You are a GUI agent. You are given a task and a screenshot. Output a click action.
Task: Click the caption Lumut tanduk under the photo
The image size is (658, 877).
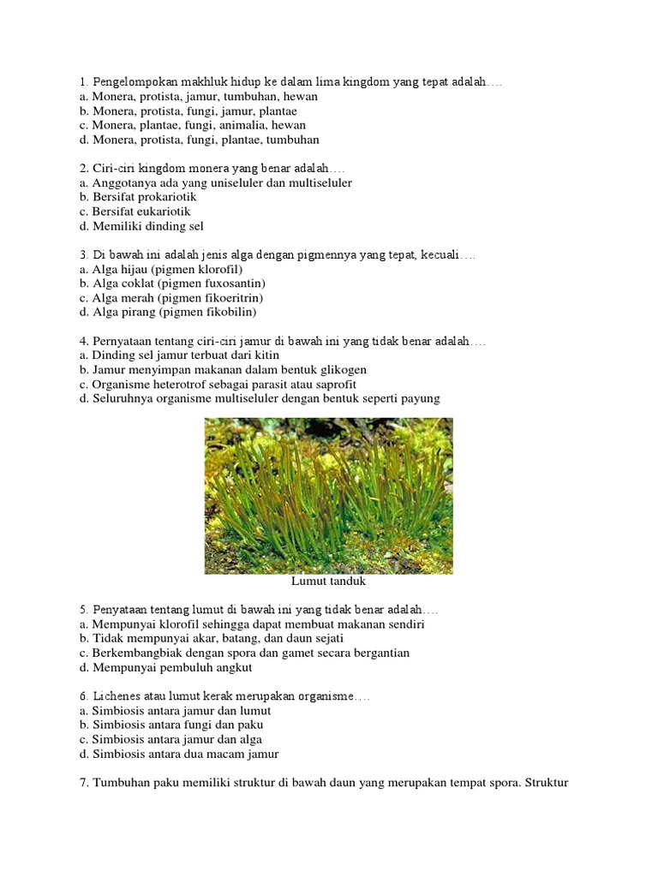click(x=329, y=582)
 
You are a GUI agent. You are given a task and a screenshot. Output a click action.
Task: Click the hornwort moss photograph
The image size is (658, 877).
click(x=329, y=496)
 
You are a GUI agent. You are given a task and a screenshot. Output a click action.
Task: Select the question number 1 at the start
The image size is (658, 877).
click(x=82, y=82)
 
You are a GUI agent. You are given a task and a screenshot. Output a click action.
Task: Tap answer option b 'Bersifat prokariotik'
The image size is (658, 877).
click(x=138, y=197)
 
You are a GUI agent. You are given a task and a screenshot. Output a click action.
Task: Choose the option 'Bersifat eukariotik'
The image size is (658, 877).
click(x=135, y=212)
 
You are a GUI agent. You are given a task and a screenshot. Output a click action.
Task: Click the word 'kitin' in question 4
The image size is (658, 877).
click(x=266, y=355)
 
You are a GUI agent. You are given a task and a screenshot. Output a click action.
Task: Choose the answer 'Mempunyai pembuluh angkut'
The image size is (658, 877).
click(x=165, y=667)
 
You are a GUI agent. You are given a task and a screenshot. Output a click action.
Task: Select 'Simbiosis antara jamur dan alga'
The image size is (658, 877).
click(x=170, y=739)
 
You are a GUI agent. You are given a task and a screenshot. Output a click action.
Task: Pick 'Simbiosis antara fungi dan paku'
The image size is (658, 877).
click(x=171, y=725)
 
